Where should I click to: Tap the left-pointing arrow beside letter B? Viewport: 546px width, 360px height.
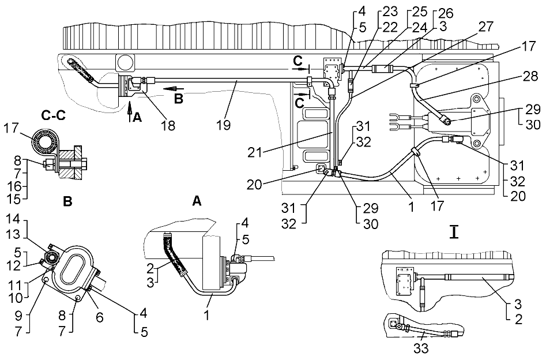(170, 89)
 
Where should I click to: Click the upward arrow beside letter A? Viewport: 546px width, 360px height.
(130, 107)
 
